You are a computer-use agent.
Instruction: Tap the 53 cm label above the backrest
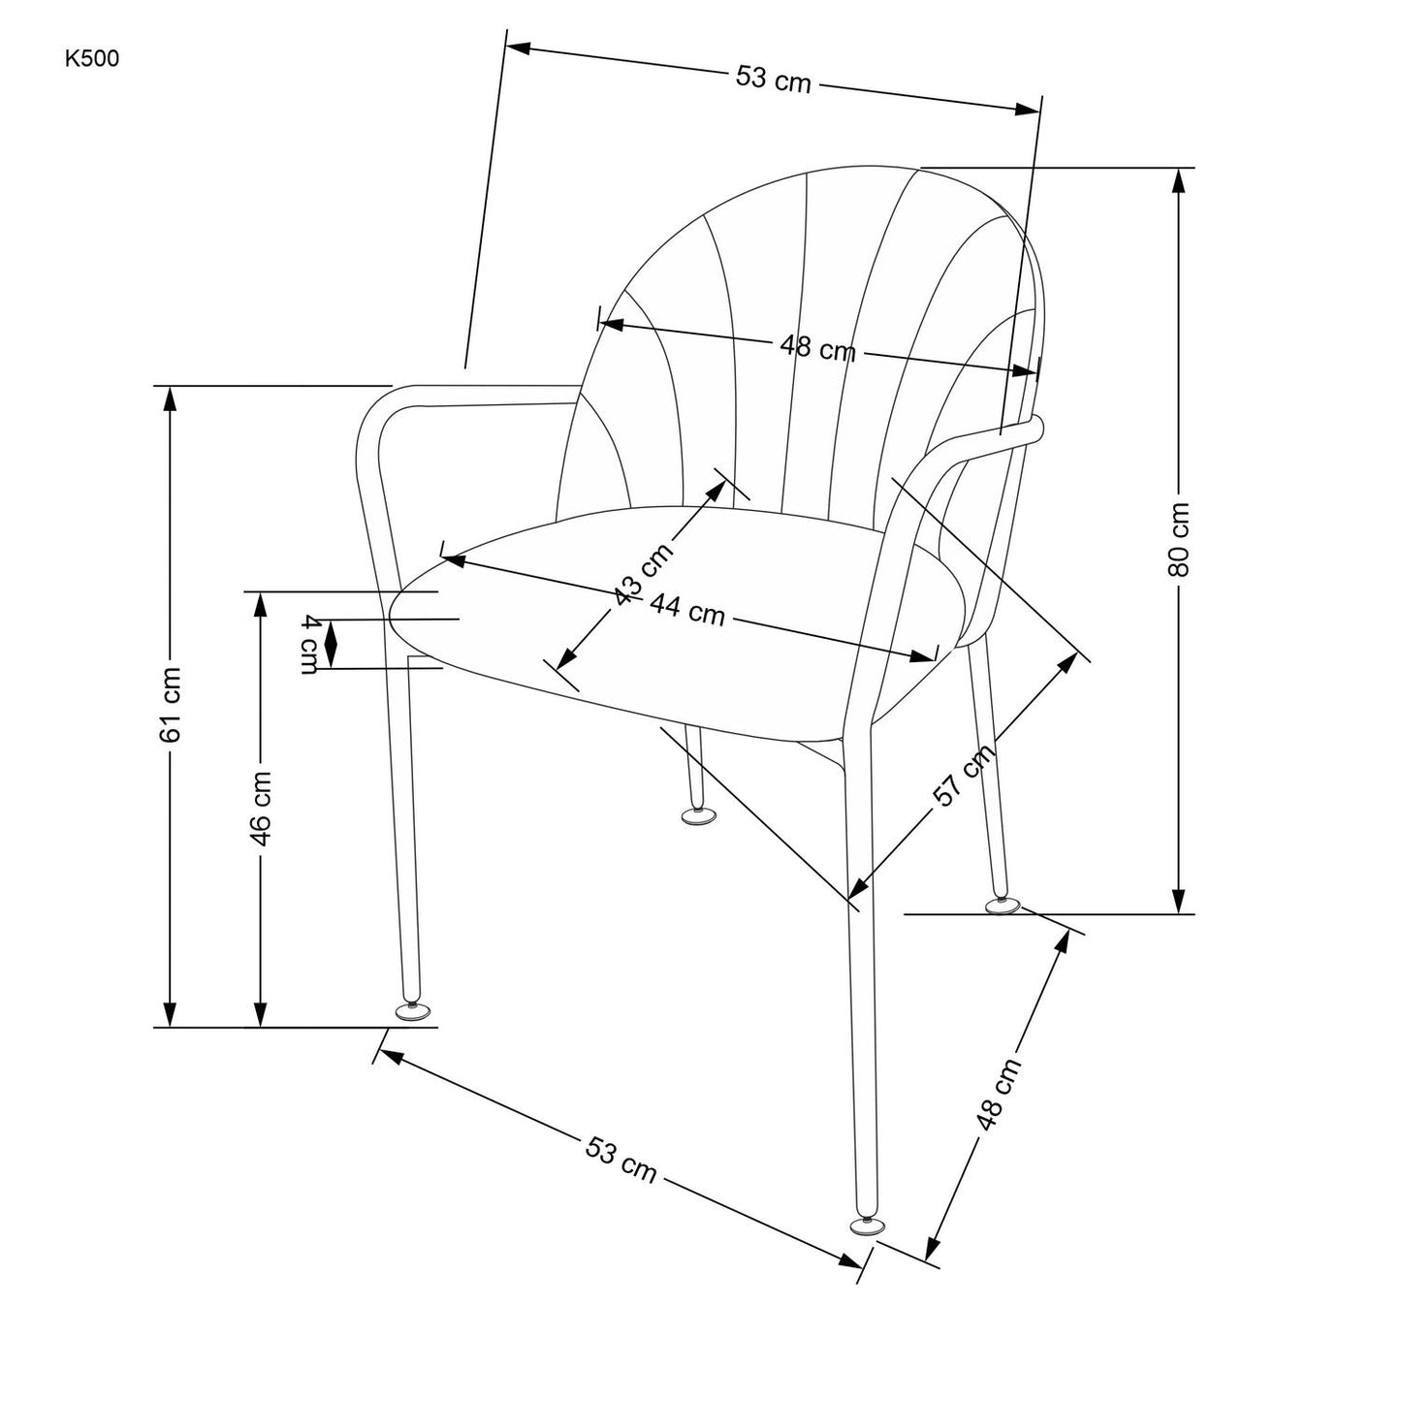point(773,80)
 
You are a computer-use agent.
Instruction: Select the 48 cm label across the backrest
point(817,346)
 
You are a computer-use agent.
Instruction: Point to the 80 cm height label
point(1179,540)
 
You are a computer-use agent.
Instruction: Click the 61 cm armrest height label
point(171,705)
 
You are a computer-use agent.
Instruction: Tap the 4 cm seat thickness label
point(309,644)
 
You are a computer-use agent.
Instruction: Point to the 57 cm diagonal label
point(963,776)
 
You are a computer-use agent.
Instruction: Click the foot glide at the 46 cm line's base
point(413,1012)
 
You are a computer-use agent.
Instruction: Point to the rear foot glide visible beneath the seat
point(697,817)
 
